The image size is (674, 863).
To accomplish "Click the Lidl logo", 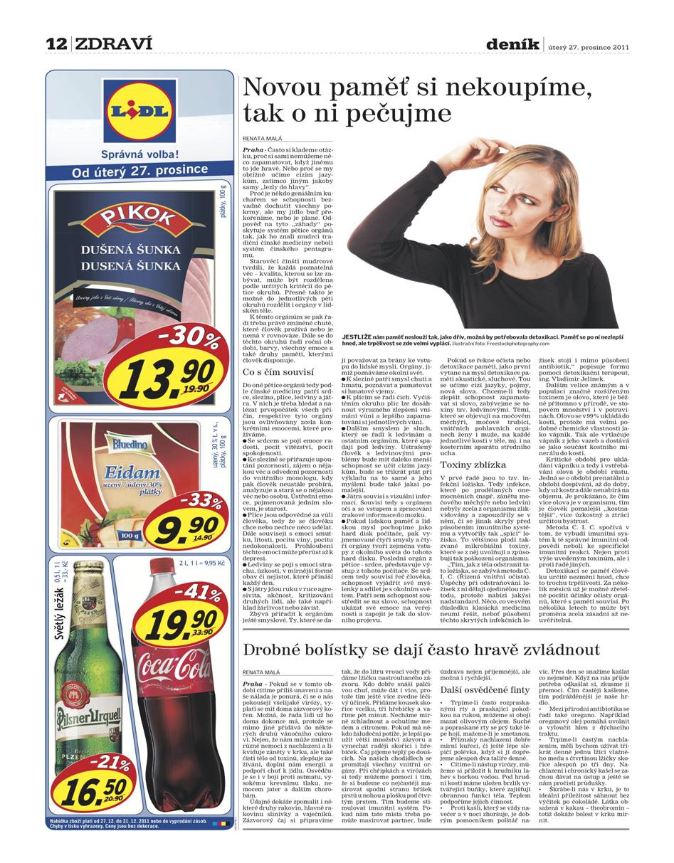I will [139, 111].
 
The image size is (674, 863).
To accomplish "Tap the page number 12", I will [56, 44].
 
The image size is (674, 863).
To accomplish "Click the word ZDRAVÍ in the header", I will [113, 44].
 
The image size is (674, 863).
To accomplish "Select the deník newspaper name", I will [512, 45].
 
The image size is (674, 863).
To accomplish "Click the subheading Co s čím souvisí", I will [278, 371].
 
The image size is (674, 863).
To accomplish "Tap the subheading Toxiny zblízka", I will [473, 465].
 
